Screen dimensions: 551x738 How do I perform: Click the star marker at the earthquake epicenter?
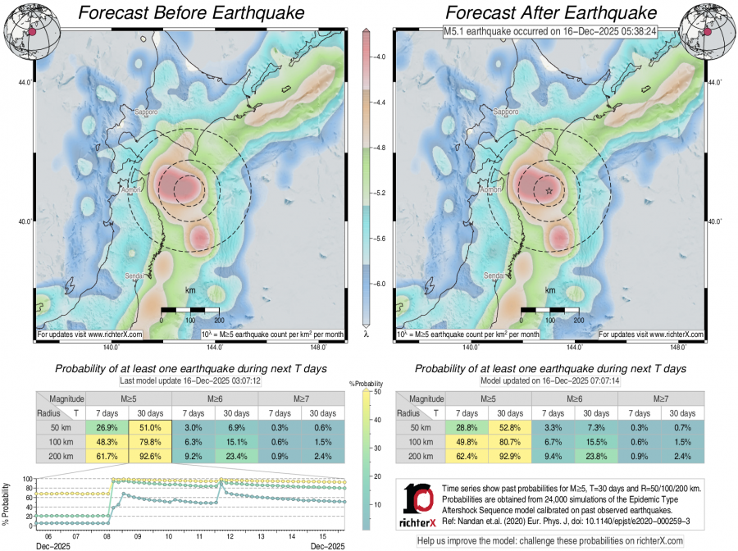pos(549,190)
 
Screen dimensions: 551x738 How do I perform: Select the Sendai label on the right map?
pos(494,275)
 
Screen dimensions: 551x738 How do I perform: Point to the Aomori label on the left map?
pos(131,191)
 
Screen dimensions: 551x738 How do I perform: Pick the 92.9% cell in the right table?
pos(509,455)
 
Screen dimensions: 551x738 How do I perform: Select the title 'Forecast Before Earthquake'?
pos(190,13)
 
